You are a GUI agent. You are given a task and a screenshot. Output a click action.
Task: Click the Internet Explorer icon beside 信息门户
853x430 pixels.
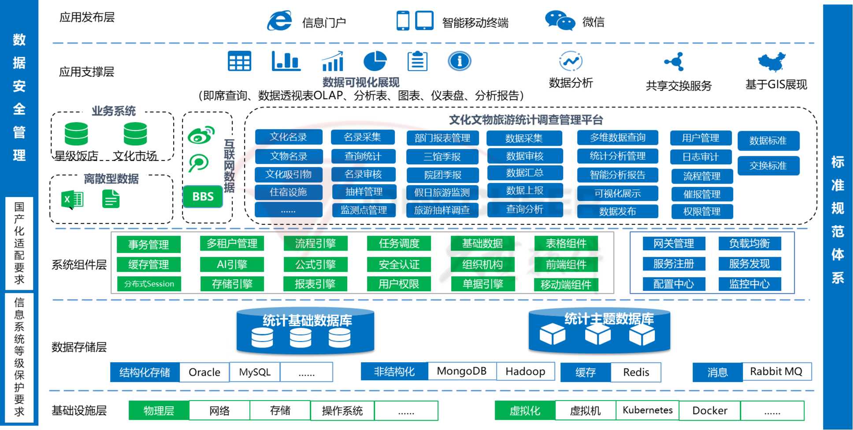tap(279, 21)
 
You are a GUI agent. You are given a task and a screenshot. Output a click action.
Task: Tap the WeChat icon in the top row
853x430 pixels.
tap(560, 21)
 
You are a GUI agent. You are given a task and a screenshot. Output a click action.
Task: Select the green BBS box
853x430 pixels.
tap(203, 196)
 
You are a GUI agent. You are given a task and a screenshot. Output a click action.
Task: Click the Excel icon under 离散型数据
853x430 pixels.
tap(72, 200)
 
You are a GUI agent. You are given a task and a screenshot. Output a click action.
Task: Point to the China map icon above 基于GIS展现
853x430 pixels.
tap(771, 62)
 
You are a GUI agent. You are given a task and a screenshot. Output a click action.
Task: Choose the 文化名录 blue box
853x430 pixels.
tap(288, 137)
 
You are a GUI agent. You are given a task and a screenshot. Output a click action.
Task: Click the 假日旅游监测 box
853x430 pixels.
tap(442, 193)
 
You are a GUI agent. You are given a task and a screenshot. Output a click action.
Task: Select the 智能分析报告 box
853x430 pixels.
tap(617, 175)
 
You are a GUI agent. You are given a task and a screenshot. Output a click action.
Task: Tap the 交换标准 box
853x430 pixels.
tap(768, 166)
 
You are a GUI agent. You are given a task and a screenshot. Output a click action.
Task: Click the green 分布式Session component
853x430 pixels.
tap(149, 284)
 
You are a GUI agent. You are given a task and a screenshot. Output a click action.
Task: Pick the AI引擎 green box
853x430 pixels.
tap(232, 264)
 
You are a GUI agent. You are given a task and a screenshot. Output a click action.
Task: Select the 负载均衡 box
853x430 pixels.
tap(749, 244)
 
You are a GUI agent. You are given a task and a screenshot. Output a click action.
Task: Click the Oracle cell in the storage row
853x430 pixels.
tap(204, 372)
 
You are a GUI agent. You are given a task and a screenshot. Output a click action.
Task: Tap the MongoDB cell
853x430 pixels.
tap(461, 371)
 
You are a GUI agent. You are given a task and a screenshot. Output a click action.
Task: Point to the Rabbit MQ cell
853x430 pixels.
tap(776, 371)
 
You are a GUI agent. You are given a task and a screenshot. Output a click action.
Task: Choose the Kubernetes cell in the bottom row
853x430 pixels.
tap(647, 410)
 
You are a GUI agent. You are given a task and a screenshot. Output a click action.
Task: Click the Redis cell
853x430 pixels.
tap(636, 372)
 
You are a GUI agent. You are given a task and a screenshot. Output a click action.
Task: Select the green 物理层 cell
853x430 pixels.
tap(159, 411)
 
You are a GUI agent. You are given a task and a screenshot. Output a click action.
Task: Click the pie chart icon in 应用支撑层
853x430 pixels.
tap(375, 61)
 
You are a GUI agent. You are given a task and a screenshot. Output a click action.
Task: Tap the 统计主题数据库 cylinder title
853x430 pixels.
tap(609, 319)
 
